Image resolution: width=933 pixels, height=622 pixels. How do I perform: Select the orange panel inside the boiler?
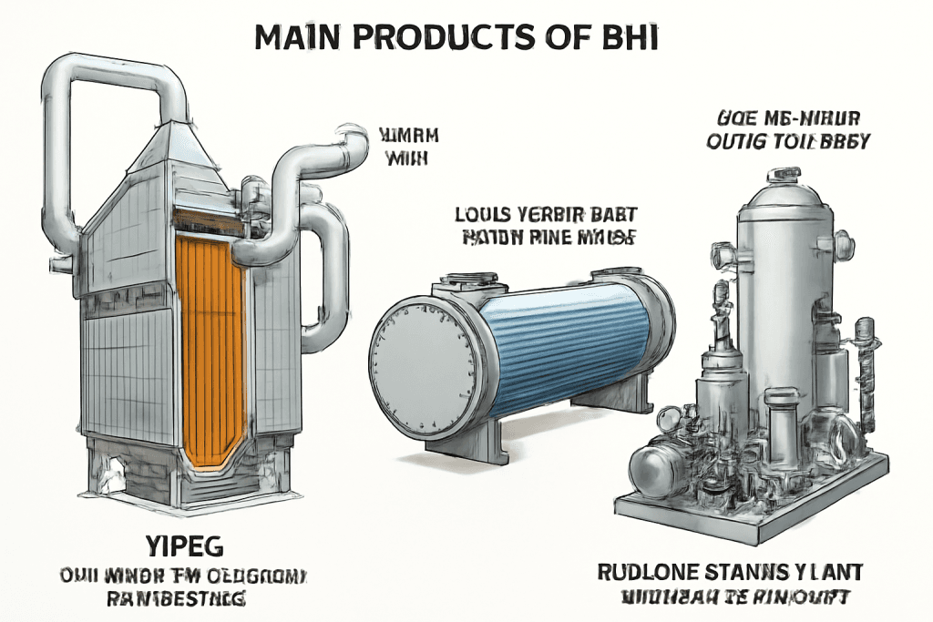pyautogui.click(x=210, y=346)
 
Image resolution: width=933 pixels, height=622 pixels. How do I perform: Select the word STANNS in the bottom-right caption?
pyautogui.click(x=752, y=573)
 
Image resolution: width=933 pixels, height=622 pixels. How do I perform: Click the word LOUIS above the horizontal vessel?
pyautogui.click(x=481, y=216)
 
